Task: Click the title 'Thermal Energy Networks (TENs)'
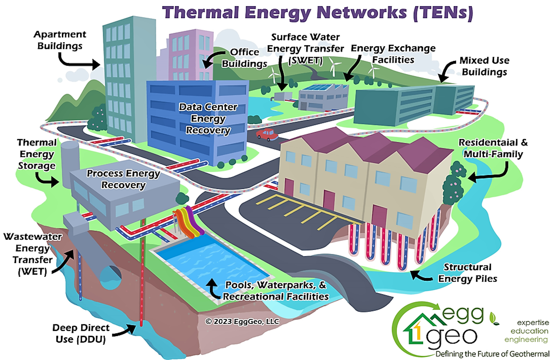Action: click(x=317, y=12)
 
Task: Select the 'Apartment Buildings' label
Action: click(x=60, y=40)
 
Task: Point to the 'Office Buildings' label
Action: click(x=244, y=58)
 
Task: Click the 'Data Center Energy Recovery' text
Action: click(x=208, y=118)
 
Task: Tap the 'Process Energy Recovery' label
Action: click(x=123, y=179)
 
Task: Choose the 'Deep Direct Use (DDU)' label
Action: click(x=81, y=333)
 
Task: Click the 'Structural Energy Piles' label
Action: click(x=468, y=273)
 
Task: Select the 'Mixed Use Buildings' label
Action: click(x=484, y=66)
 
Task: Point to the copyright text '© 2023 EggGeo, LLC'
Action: click(x=242, y=321)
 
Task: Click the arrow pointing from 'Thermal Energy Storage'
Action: click(x=48, y=180)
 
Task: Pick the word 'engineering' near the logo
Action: click(x=526, y=340)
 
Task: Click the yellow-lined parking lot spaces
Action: click(x=295, y=210)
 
